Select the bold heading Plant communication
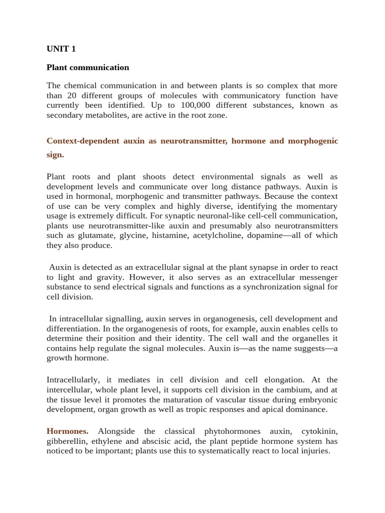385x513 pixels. click(88, 67)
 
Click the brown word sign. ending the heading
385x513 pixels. click(55, 155)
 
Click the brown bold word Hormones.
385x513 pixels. click(68, 431)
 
